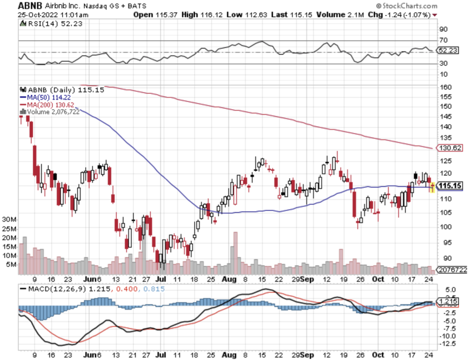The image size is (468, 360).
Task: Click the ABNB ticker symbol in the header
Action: click(x=30, y=6)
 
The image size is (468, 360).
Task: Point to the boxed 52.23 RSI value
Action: click(x=448, y=50)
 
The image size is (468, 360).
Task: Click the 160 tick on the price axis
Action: click(x=446, y=87)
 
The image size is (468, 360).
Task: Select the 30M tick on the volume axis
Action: click(x=9, y=219)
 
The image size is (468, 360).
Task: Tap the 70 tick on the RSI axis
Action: click(x=443, y=40)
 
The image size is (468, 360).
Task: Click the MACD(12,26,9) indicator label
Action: click(x=57, y=289)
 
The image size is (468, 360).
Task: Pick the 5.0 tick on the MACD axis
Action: click(x=450, y=290)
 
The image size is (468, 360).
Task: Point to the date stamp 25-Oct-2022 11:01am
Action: click(x=53, y=15)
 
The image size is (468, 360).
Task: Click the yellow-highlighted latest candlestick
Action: click(x=432, y=187)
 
